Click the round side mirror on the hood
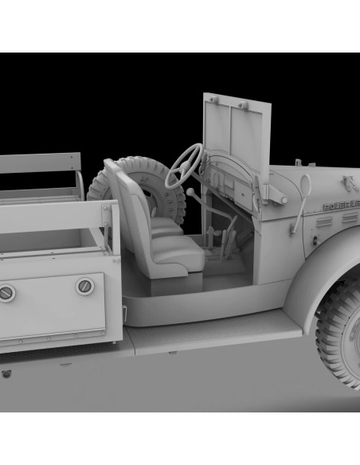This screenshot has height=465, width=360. [x=305, y=185]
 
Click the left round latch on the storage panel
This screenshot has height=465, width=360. [x=6, y=292]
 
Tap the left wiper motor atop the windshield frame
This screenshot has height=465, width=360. [x=213, y=100]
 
